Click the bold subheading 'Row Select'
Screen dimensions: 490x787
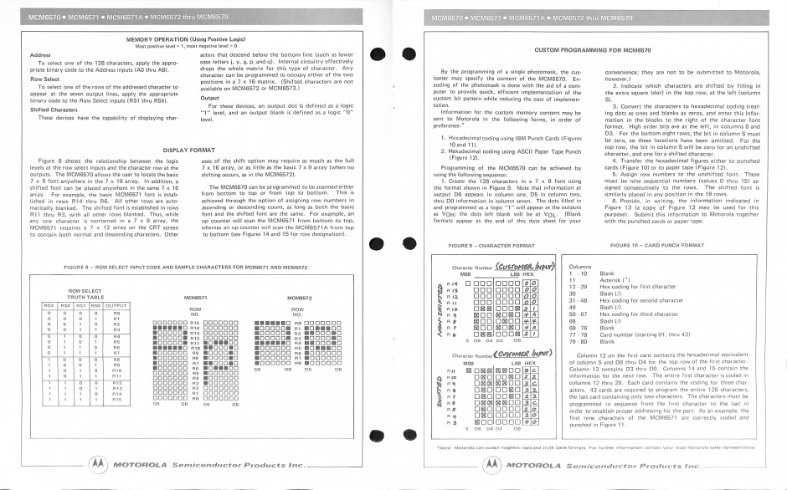[x=39, y=79]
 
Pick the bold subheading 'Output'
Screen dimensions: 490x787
[x=209, y=97]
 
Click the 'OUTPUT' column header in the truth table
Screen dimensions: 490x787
[x=116, y=305]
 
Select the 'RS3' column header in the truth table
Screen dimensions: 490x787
[x=49, y=305]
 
